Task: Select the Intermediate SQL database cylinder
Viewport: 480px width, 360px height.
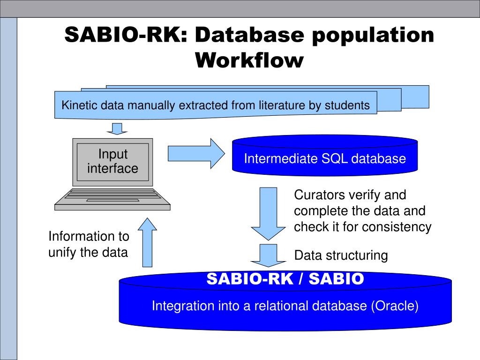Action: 325,158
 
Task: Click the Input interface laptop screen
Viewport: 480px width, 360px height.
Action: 112,162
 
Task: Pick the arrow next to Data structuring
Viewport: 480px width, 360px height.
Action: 269,255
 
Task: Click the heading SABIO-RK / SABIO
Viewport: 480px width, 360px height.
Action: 285,279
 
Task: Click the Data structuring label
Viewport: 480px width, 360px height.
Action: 341,256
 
